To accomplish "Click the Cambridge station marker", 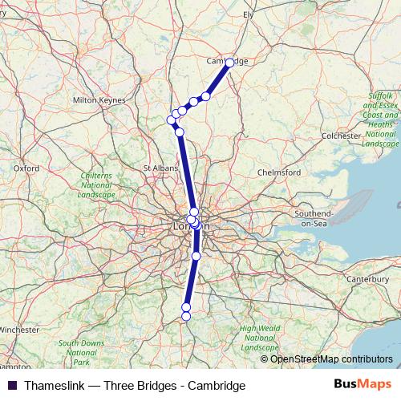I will (230, 63).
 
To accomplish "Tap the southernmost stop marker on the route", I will (186, 316).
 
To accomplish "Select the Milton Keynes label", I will (99, 100).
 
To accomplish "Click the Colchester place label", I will (341, 136).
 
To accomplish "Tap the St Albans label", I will (159, 168).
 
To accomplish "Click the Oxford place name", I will (26, 168).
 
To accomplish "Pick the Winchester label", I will (19, 330).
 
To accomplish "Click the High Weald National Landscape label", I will (260, 338).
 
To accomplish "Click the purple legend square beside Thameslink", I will (12, 386).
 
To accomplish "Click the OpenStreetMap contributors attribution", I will (331, 358).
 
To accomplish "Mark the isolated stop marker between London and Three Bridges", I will (196, 256).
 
